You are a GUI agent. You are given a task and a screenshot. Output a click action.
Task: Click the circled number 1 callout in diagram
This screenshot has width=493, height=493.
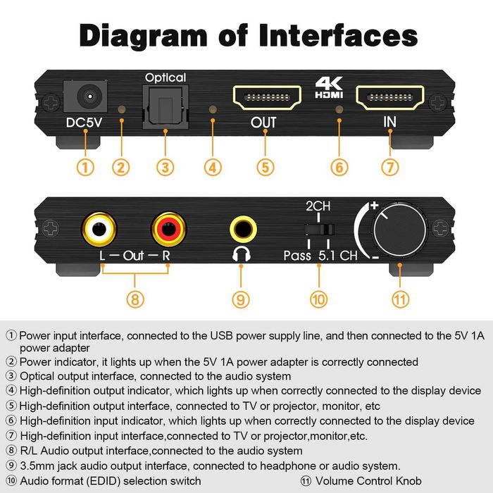(x=85, y=168)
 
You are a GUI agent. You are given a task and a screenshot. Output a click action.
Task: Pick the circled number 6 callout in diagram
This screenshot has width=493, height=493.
(x=339, y=168)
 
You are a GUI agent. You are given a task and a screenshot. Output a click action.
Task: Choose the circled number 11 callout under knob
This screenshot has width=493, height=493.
(x=400, y=299)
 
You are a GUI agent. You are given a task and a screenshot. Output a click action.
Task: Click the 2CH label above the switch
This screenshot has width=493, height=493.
(x=318, y=207)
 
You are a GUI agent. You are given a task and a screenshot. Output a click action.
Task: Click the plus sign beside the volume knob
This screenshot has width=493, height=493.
(x=374, y=205)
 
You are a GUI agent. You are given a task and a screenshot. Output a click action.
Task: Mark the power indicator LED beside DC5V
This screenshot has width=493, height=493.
(x=122, y=111)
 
